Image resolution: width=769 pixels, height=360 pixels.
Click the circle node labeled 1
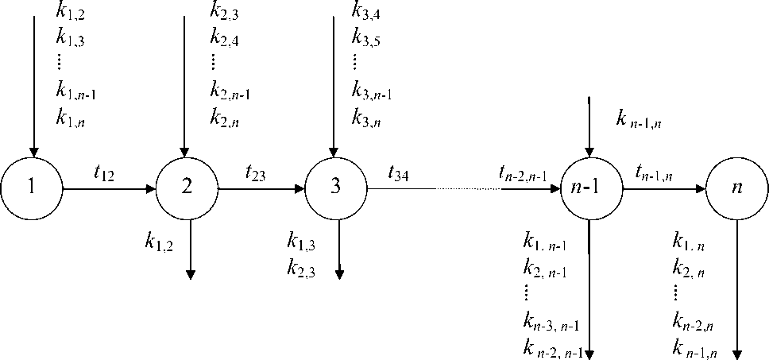(x=31, y=189)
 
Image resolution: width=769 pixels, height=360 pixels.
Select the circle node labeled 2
(x=187, y=189)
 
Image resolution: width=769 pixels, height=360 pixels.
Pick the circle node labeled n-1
(x=589, y=189)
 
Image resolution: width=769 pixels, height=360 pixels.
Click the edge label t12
(x=103, y=173)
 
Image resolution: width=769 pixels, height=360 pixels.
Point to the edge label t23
(x=257, y=173)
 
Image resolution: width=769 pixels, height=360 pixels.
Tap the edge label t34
(x=399, y=173)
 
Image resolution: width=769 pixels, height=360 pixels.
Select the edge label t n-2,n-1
(x=523, y=173)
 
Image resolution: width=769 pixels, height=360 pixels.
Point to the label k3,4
(x=365, y=14)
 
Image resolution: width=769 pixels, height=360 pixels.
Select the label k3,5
(x=365, y=36)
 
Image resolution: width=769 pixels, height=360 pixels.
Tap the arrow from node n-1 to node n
(x=663, y=190)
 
